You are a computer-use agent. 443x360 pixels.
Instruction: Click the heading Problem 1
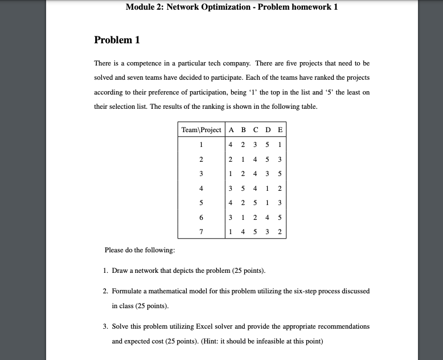point(117,40)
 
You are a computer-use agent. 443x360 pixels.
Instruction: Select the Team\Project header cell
point(201,130)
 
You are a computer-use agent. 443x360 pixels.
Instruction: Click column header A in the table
point(231,130)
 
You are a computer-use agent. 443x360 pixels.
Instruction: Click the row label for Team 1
point(201,145)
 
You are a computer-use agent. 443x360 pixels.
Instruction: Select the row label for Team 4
point(201,189)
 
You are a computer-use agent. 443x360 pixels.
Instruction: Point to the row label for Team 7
point(201,232)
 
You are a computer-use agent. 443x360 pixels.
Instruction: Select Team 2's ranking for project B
point(243,159)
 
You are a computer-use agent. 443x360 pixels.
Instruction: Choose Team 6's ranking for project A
point(231,218)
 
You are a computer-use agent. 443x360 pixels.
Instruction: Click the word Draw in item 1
point(120,270)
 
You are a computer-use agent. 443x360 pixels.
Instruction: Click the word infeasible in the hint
point(277,342)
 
